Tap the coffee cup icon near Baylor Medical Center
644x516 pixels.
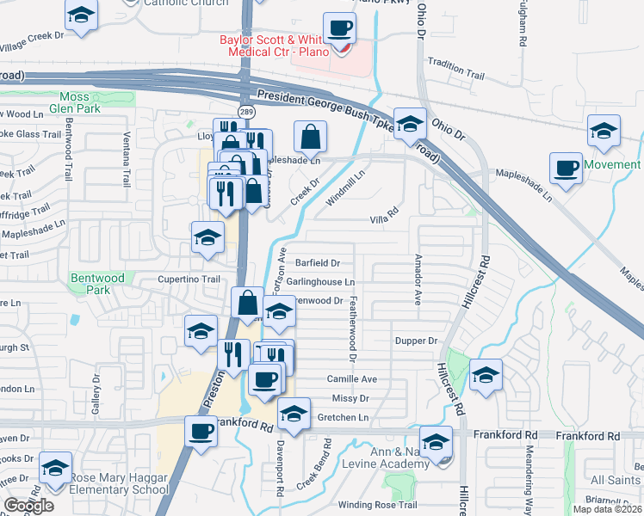point(340,28)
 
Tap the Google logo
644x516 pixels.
point(28,506)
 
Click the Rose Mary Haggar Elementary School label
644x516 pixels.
point(119,484)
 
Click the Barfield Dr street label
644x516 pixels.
point(319,263)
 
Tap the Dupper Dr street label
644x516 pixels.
point(417,341)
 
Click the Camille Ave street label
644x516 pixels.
point(351,379)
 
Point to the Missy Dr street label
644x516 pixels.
point(350,399)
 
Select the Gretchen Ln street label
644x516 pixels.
point(343,418)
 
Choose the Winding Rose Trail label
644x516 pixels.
point(377,505)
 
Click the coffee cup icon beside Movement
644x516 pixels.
point(566,168)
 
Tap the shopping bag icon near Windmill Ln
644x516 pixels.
point(310,136)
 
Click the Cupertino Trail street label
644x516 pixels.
point(189,279)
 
